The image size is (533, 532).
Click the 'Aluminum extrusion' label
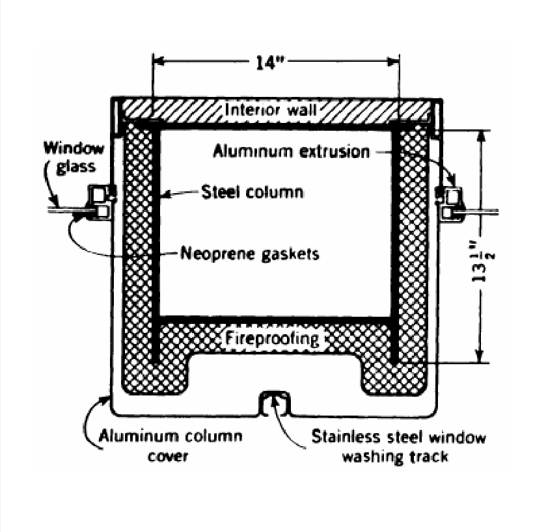click(292, 152)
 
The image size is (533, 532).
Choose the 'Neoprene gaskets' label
click(250, 253)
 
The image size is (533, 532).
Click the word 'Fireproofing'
click(273, 339)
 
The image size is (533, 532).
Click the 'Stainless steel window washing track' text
click(398, 446)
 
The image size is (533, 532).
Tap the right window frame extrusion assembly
click(450, 202)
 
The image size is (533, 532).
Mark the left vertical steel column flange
click(156, 247)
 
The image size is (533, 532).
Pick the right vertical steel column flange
click(395, 247)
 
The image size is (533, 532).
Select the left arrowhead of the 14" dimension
click(158, 62)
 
